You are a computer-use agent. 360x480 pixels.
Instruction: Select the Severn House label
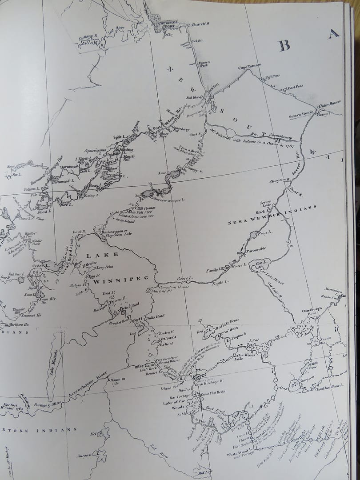pyautogui.click(x=301, y=116)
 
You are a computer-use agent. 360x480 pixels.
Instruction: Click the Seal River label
pyautogui.click(x=120, y=28)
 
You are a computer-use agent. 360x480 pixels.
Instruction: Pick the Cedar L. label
pyautogui.click(x=40, y=266)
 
